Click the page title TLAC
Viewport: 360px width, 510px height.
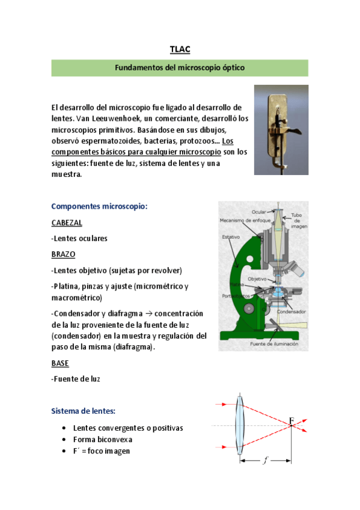pos(180,49)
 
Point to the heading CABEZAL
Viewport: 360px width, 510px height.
pos(67,222)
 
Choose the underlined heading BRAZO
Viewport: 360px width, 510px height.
pos(63,254)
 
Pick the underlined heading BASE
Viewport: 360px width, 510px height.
pos(60,363)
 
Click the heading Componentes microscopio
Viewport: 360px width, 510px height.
pos(99,206)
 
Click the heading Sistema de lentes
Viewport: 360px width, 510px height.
pos(84,411)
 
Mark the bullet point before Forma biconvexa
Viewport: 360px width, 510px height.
pos(64,440)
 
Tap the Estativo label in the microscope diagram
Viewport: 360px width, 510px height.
pos(231,237)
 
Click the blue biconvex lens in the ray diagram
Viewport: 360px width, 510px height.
pos(240,425)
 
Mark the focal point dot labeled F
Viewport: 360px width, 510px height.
pos(290,426)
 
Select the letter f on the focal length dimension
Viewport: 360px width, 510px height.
pos(265,461)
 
